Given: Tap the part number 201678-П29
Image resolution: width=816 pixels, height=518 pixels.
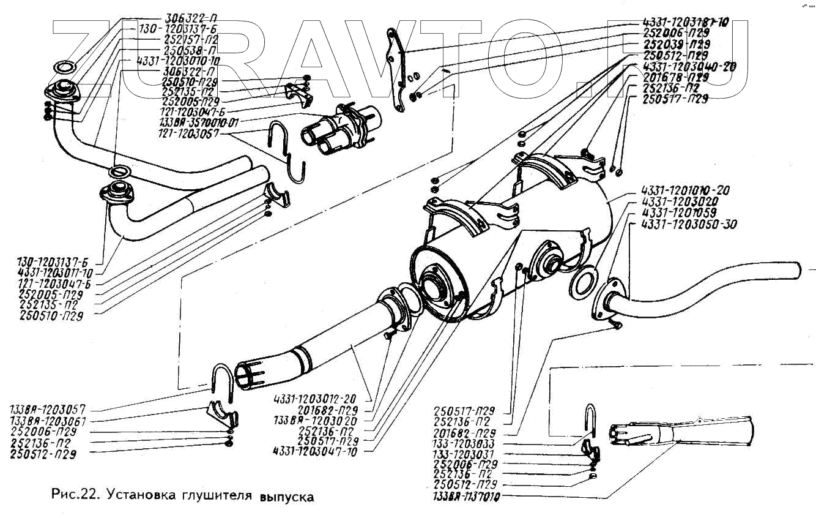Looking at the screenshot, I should (x=675, y=77).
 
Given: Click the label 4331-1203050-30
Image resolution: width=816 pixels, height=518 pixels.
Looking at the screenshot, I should (x=690, y=224).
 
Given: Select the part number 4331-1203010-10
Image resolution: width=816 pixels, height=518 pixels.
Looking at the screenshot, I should (x=177, y=61).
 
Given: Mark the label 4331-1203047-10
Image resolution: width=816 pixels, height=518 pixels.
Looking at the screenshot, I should (x=316, y=451).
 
